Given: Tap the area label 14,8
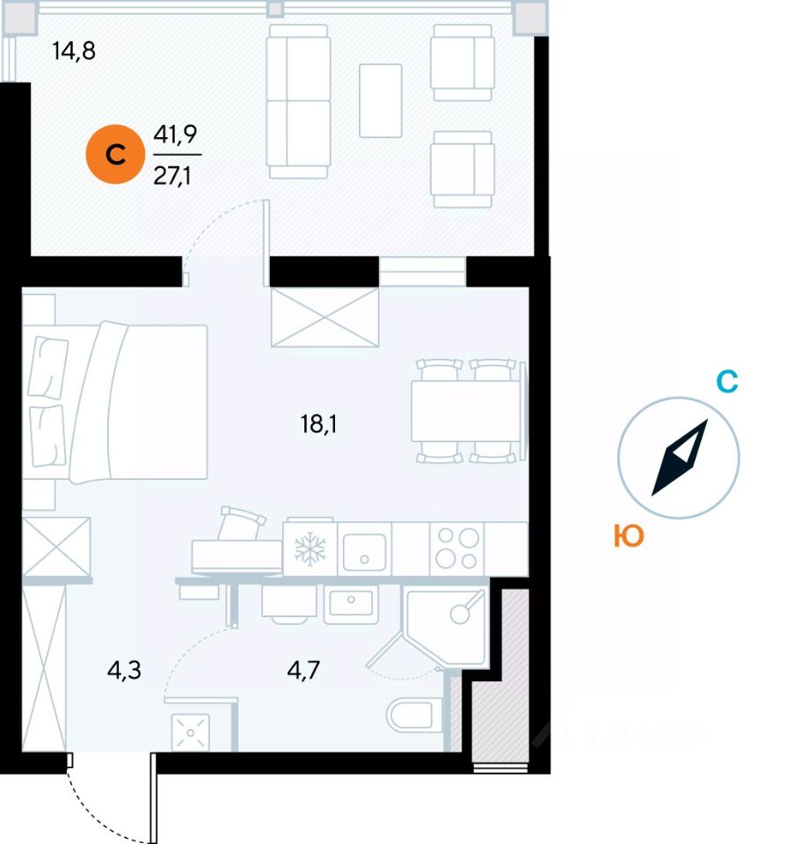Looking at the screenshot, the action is tap(73, 51).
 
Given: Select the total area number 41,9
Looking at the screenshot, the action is tap(174, 135).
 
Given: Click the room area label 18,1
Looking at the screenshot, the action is tap(319, 426).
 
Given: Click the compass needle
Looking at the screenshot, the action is tap(679, 458).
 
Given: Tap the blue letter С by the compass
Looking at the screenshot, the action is tap(726, 382).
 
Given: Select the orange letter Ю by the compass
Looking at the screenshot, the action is tap(629, 536).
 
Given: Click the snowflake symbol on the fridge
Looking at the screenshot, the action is tap(310, 549).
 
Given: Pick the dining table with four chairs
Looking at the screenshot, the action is tap(466, 411).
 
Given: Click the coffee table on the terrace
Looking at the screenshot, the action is tap(381, 100).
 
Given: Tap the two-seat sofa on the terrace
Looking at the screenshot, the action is tap(297, 100).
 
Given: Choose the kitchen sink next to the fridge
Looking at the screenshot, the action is tap(364, 549).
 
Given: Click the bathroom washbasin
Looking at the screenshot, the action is tap(351, 604).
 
